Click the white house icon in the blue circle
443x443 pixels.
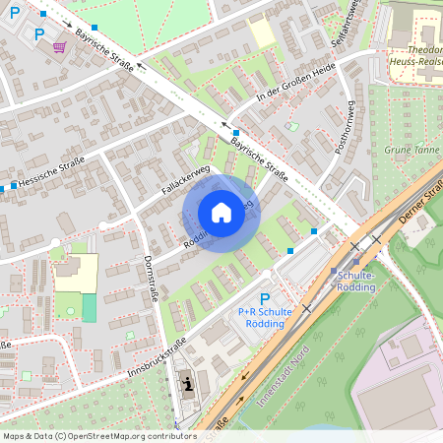pyautogui.click(x=221, y=213)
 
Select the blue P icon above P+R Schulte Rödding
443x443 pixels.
pyautogui.click(x=264, y=298)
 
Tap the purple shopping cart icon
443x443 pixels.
pyautogui.click(x=60, y=46)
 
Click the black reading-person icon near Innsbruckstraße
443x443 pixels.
pyautogui.click(x=186, y=385)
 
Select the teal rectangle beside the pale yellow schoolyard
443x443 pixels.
pyautogui.click(x=90, y=307)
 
